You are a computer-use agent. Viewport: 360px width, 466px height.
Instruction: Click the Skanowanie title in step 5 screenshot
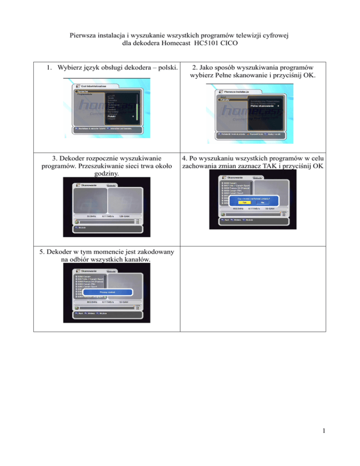click(90, 271)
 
